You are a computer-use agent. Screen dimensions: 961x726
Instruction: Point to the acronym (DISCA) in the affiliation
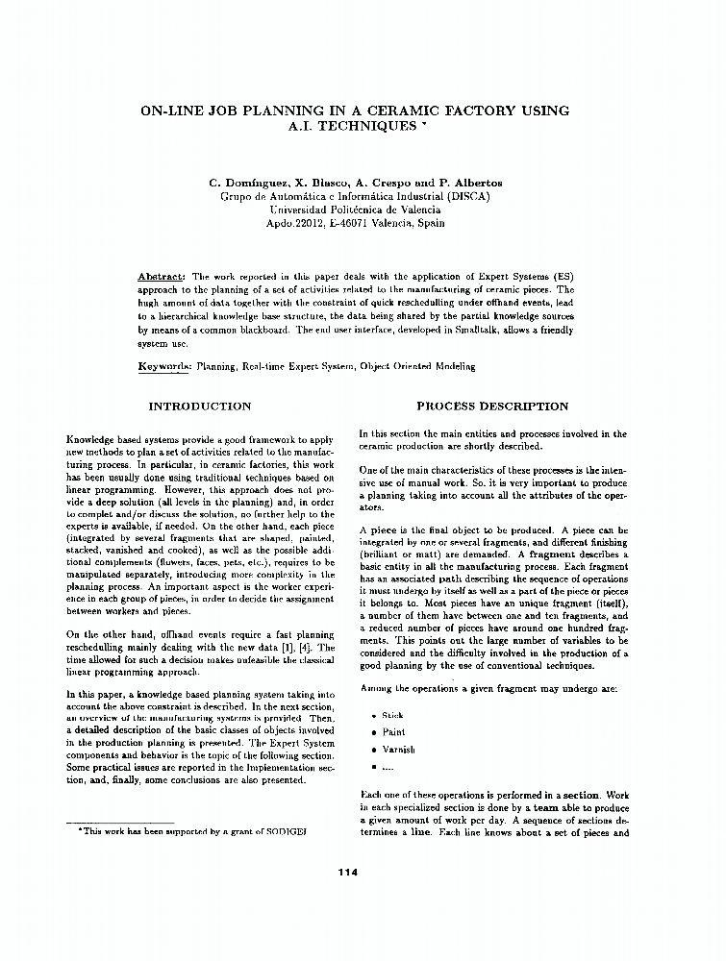465,196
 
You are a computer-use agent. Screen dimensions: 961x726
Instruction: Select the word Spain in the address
428,223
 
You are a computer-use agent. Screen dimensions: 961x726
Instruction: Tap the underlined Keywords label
165,366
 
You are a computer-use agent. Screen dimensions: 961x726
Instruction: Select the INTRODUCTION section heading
200,407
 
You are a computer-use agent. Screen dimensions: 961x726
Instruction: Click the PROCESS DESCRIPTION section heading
492,407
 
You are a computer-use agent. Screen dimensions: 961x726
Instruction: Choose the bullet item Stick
392,716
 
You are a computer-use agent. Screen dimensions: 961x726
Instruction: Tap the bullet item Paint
393,732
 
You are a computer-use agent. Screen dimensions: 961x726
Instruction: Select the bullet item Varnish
398,750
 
